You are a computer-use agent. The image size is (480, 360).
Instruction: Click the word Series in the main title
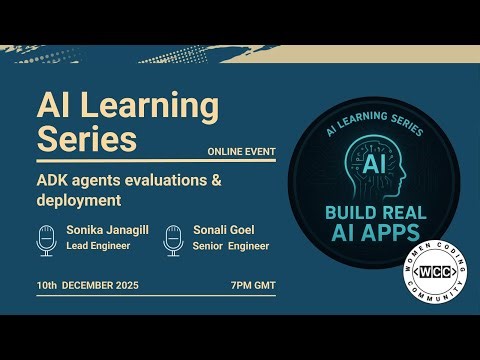[86, 139]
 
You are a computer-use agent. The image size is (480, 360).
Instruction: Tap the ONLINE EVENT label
[241, 152]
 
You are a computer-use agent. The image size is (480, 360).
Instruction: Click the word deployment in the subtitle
[79, 199]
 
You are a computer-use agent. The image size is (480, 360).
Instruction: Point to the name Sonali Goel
[222, 230]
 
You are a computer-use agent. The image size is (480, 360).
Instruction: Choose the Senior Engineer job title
[230, 245]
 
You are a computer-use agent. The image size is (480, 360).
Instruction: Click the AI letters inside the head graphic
[373, 162]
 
